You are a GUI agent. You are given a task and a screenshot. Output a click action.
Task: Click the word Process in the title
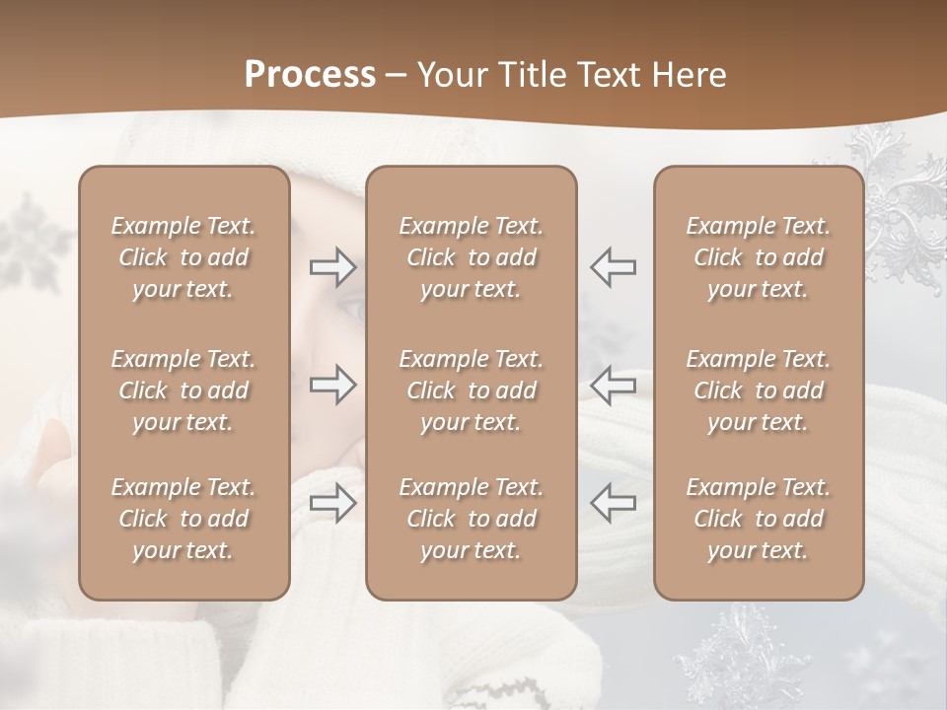pos(310,75)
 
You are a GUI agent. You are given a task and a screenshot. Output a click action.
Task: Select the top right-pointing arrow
pos(333,266)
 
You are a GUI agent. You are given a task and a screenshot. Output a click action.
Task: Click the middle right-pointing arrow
pos(333,385)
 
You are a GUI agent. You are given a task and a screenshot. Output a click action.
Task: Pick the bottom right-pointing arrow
pos(333,503)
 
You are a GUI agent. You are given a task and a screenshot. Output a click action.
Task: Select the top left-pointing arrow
pos(613,266)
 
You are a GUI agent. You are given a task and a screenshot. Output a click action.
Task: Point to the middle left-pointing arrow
pos(613,385)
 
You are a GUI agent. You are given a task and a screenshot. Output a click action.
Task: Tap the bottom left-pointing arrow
pos(613,503)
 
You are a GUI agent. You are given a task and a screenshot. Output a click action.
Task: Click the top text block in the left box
pos(183,257)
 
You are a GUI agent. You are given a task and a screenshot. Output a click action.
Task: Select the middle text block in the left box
pos(183,390)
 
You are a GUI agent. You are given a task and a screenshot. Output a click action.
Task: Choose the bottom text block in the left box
pos(183,519)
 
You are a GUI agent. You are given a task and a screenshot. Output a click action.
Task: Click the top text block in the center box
pos(472,257)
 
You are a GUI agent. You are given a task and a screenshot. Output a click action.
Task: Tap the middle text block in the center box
pos(472,390)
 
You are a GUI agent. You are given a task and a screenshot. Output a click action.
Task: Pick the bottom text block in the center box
pos(472,519)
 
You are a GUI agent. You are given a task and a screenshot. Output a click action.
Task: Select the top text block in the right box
pos(759,257)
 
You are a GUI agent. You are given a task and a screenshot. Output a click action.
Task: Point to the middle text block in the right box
pos(759,390)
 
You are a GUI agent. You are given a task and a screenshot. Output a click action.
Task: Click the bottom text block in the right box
pos(759,519)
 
